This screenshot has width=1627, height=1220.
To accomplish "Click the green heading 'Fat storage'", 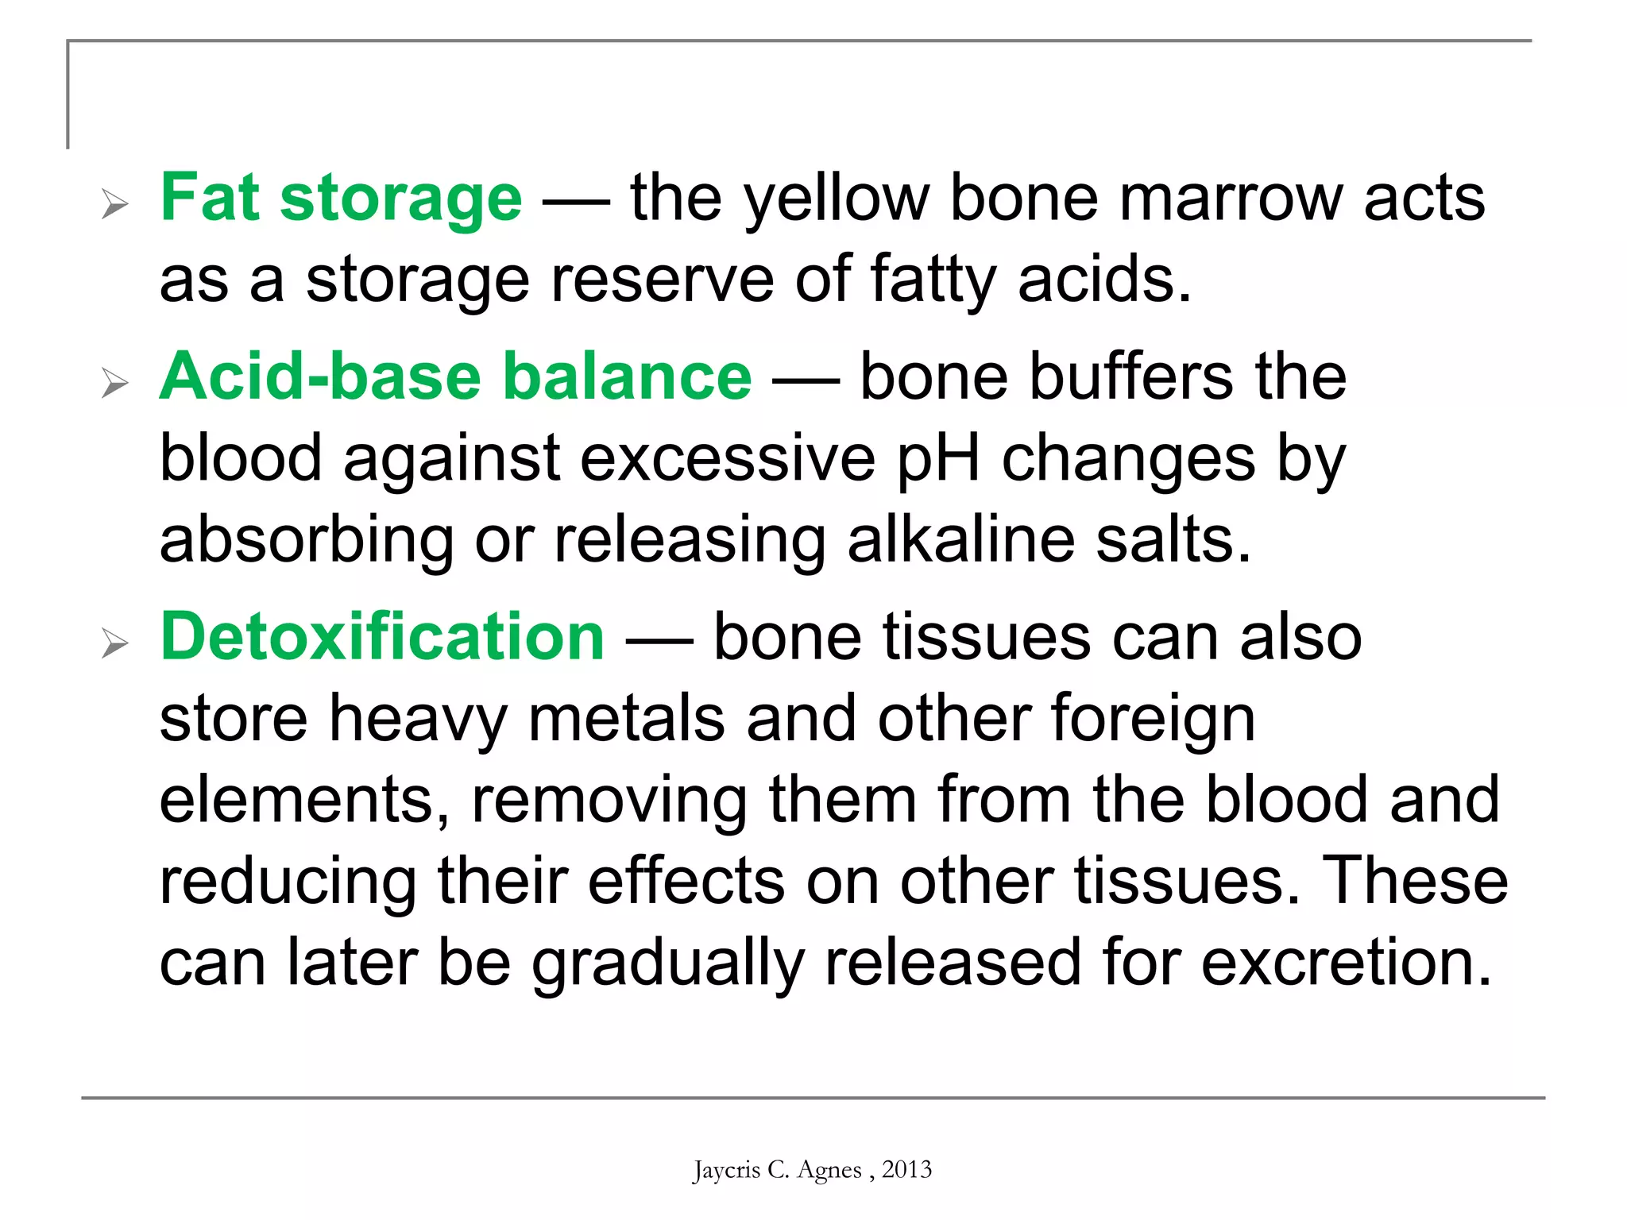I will (341, 199).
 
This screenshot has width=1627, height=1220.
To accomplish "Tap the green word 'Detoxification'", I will (382, 637).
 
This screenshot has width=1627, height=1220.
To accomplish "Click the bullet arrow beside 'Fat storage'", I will (115, 205).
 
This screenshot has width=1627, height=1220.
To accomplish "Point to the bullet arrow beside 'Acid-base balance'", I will (115, 384).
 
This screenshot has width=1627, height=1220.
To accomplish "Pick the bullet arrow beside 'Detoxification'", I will (115, 643).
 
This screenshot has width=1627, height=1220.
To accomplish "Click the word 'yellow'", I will (836, 199).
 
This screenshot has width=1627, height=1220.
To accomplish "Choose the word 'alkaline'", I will (961, 540).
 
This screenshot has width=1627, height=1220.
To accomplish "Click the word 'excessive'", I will (728, 459).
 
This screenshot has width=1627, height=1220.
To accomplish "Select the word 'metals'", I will (626, 718).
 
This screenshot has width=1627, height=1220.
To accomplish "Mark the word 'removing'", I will (609, 801).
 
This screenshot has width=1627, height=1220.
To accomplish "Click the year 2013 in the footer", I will (906, 1169).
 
